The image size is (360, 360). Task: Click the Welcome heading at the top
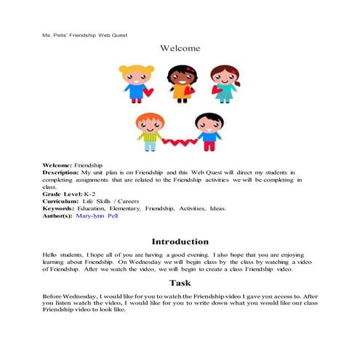pyautogui.click(x=180, y=49)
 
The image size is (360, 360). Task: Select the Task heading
pyautogui.click(x=180, y=282)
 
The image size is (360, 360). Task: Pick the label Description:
pyautogui.click(x=62, y=172)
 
